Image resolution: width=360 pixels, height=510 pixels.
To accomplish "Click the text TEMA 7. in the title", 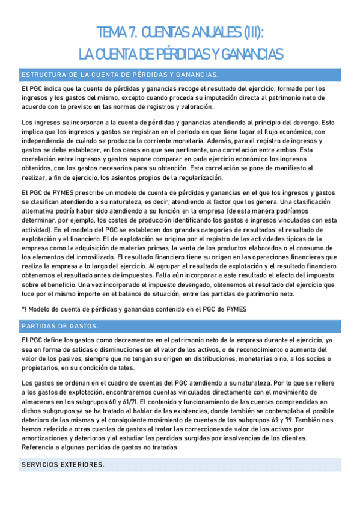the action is [115, 32].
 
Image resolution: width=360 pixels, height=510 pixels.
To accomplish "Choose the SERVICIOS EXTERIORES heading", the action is [63, 465].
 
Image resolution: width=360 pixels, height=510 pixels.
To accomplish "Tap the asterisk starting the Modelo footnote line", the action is [22, 309].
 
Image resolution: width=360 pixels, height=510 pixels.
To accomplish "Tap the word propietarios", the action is [40, 367].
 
